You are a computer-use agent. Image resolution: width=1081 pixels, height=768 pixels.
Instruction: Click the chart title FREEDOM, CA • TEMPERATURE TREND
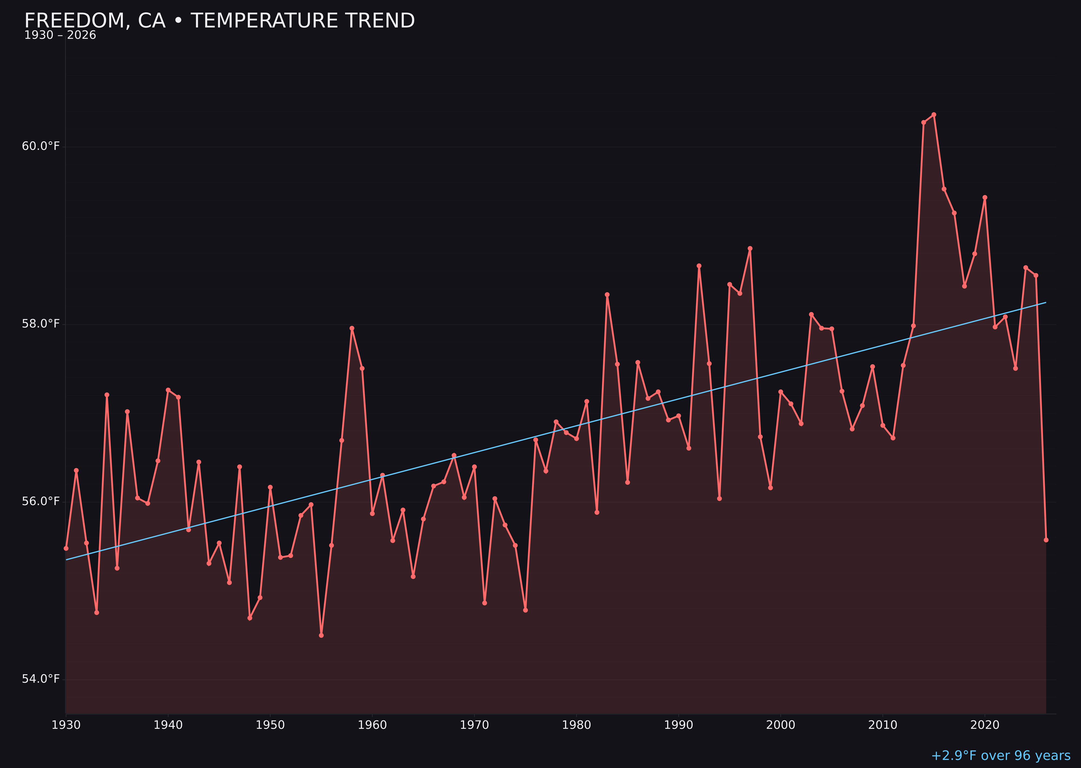[219, 21]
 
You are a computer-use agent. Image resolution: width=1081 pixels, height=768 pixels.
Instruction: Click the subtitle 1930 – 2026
[60, 35]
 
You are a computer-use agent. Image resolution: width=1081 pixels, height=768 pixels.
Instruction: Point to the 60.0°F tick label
[41, 146]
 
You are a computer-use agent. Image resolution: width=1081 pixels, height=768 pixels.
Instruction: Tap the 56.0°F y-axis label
[41, 501]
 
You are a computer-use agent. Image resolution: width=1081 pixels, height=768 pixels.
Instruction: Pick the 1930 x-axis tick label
[66, 725]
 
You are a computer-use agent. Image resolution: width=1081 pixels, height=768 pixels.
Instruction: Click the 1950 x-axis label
[270, 725]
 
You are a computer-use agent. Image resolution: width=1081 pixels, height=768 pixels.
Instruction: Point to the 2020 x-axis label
[985, 725]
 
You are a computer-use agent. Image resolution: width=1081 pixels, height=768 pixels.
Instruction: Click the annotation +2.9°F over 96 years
[1000, 756]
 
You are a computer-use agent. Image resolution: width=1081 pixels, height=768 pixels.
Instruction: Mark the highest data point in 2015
[934, 114]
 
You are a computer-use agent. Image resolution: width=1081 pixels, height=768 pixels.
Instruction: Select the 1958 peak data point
[352, 328]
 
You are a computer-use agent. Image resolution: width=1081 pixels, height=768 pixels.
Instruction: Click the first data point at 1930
[66, 548]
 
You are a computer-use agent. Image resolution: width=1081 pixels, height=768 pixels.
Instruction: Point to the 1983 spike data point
[607, 295]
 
